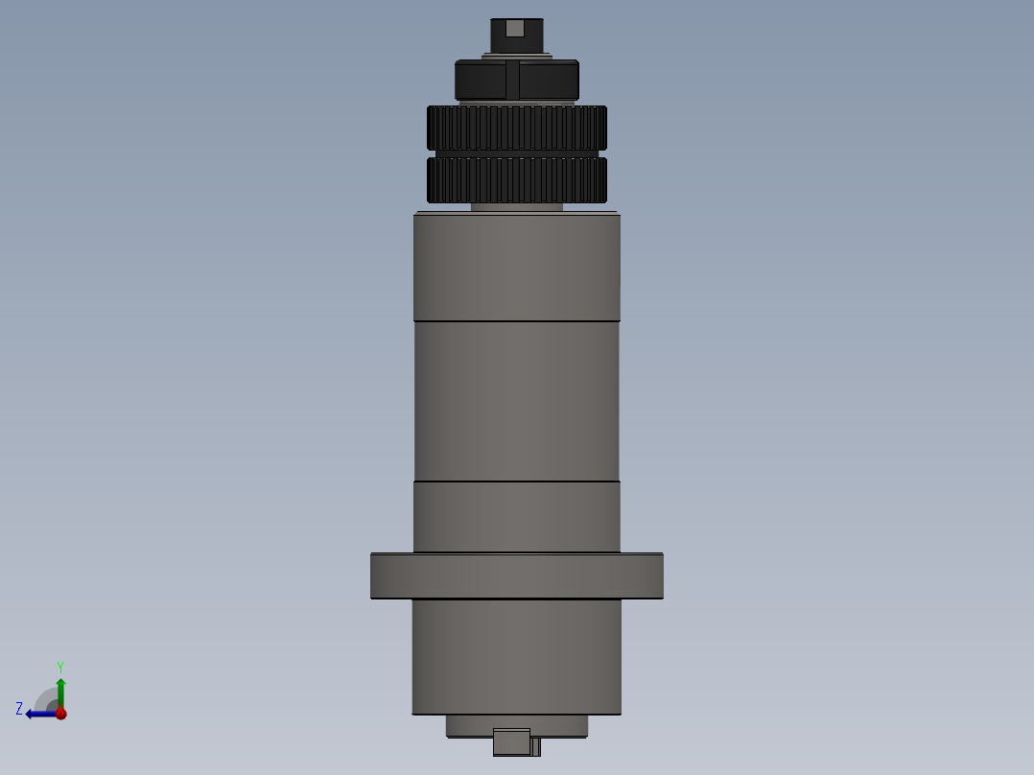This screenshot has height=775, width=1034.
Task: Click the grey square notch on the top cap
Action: (515, 29)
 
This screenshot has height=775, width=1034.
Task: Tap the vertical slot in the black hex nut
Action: (512, 81)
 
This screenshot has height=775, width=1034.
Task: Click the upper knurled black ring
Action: (516, 127)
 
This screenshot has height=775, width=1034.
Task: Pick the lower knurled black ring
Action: (516, 180)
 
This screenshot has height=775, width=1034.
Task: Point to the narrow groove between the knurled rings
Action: (516, 153)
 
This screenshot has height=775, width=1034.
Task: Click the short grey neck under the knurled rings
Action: (516, 206)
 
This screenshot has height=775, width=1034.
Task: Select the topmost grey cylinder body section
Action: (516, 266)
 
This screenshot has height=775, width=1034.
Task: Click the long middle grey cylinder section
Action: (516, 400)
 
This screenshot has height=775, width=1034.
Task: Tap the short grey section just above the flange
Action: (516, 516)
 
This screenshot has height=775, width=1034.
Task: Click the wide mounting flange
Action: (516, 575)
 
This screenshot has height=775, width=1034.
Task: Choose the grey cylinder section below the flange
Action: (516, 657)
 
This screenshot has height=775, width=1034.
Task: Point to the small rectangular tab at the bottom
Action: (511, 742)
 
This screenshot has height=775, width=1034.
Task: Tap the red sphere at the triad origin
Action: (60, 714)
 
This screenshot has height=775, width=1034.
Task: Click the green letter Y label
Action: (60, 666)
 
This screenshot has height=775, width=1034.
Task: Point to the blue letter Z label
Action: (19, 709)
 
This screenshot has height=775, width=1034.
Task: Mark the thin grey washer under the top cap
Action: (516, 57)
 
